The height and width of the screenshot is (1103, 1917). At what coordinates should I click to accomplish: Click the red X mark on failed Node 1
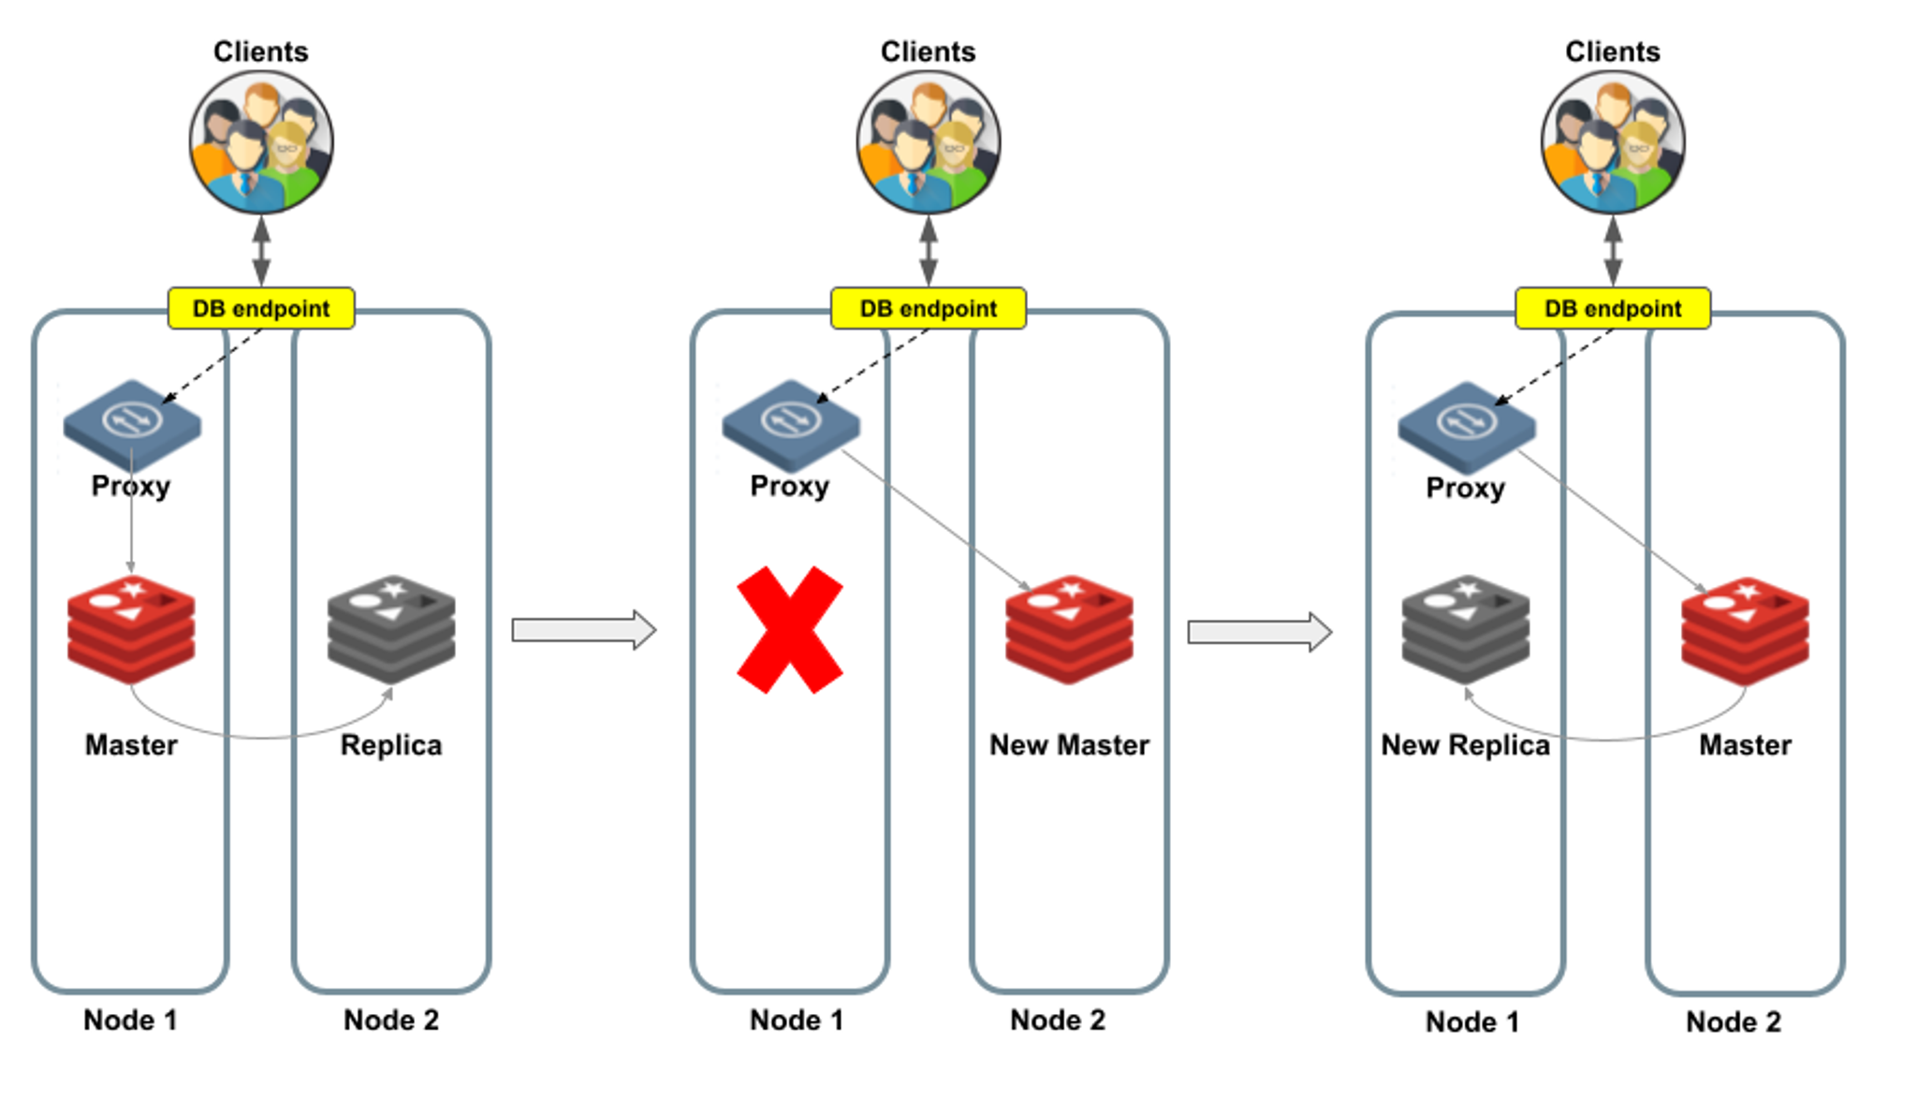pos(789,629)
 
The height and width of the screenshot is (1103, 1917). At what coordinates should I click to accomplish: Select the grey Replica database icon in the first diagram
pos(391,628)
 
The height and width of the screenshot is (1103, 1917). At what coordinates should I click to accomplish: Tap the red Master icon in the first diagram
pos(131,628)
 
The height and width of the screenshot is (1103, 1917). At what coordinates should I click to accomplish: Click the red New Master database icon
pos(1069,628)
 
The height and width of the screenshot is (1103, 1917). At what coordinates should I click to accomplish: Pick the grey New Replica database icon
pos(1465,628)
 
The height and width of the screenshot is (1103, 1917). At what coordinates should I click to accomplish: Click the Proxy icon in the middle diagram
pos(790,424)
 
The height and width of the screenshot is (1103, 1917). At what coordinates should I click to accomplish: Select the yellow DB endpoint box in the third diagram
pos(1612,308)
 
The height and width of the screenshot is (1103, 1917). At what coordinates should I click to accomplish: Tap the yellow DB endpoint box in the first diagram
pos(261,308)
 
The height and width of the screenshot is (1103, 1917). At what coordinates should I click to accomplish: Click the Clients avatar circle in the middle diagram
pos(928,142)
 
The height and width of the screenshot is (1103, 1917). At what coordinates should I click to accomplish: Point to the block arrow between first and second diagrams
pos(583,629)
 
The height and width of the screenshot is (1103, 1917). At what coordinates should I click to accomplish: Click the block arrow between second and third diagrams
pos(1259,632)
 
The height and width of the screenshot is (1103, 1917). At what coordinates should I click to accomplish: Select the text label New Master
pos(1069,745)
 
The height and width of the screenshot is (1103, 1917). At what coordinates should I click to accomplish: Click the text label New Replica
pos(1465,745)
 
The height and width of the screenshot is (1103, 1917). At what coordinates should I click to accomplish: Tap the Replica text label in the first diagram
pos(391,745)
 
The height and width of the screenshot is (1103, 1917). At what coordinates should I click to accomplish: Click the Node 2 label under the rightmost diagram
pos(1733,1022)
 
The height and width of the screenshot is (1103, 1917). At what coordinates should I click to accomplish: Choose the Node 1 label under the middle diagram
pos(797,1020)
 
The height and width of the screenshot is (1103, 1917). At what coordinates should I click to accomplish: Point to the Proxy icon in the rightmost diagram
pos(1466,426)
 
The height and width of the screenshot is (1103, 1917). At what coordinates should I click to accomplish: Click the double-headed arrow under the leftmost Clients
pos(261,250)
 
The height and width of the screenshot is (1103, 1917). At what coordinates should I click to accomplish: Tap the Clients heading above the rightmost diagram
pos(1612,51)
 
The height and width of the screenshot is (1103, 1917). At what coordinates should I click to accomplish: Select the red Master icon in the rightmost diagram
pos(1745,630)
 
